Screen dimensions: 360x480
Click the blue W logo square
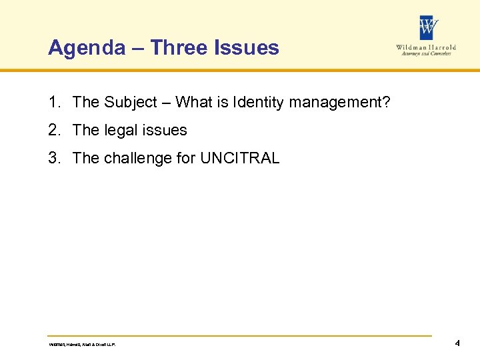pyautogui.click(x=429, y=28)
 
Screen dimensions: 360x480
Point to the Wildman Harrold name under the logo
pyautogui.click(x=425, y=48)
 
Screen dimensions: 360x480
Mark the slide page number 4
pyautogui.click(x=457, y=344)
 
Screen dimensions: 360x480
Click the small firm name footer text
pyautogui.click(x=83, y=345)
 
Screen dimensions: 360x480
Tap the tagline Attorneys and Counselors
pyautogui.click(x=427, y=54)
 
